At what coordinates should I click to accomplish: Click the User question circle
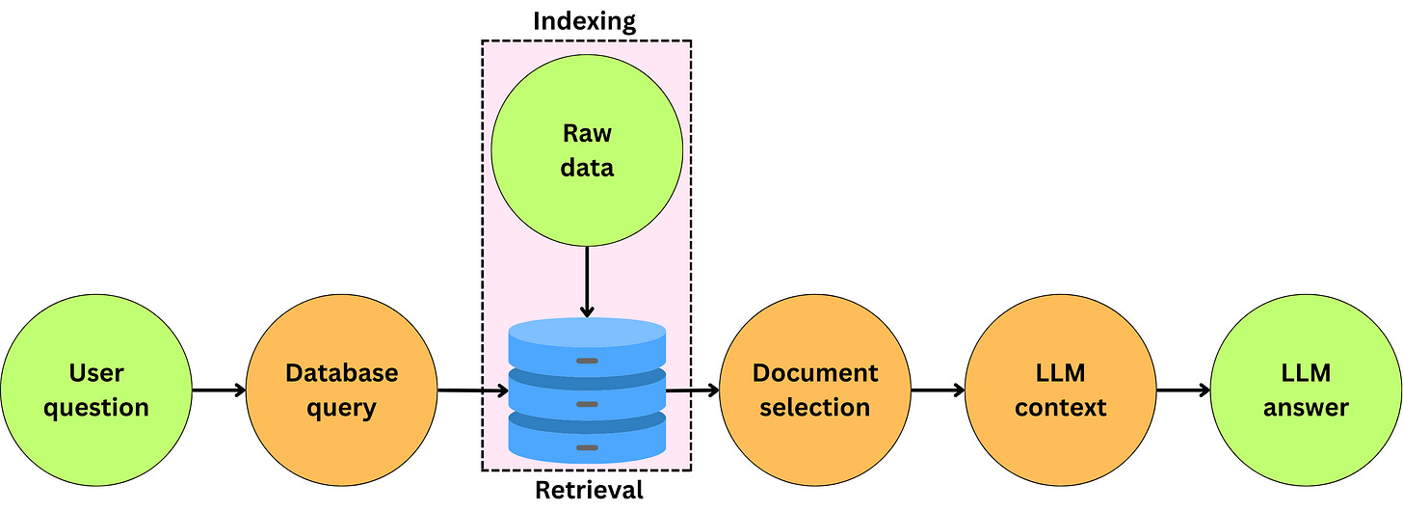pyautogui.click(x=96, y=390)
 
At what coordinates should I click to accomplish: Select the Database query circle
pyautogui.click(x=341, y=390)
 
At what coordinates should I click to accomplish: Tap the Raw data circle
pyautogui.click(x=587, y=149)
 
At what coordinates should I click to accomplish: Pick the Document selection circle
pyautogui.click(x=815, y=390)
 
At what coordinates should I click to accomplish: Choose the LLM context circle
pyautogui.click(x=1060, y=390)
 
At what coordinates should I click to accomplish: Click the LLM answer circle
pyautogui.click(x=1306, y=390)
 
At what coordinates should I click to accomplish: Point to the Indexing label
pyautogui.click(x=585, y=21)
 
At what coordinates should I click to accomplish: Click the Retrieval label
pyautogui.click(x=588, y=491)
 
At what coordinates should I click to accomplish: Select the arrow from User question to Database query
pyautogui.click(x=219, y=390)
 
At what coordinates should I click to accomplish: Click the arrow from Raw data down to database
pyautogui.click(x=586, y=280)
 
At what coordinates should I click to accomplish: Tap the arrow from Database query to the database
pyautogui.click(x=472, y=390)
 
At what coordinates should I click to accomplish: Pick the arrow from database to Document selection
pyautogui.click(x=692, y=390)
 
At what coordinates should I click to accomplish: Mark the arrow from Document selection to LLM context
pyautogui.click(x=938, y=390)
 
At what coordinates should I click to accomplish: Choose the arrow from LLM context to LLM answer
pyautogui.click(x=1182, y=390)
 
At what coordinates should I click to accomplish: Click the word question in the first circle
pyautogui.click(x=96, y=408)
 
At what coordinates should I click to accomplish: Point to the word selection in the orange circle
pyautogui.click(x=815, y=408)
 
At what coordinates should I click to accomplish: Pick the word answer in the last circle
pyautogui.click(x=1306, y=408)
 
